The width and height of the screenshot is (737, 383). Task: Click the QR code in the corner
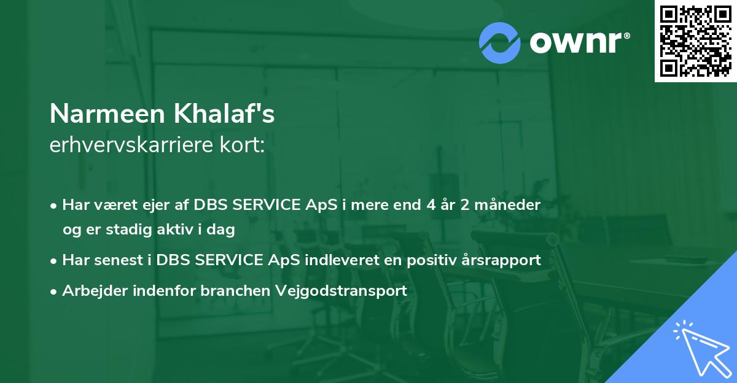(695, 41)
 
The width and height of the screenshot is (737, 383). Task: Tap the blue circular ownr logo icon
(499, 43)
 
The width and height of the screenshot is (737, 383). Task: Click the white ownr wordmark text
(575, 42)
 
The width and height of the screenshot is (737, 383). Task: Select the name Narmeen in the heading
(107, 114)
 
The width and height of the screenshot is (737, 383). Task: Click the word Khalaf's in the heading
(224, 113)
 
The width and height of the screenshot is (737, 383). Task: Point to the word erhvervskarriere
(131, 145)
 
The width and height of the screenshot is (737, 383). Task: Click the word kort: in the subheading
(242, 145)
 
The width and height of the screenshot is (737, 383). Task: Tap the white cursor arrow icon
(703, 349)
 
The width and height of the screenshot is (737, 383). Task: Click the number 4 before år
(431, 205)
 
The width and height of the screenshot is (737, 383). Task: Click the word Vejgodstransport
(341, 291)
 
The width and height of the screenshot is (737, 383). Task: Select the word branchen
(235, 290)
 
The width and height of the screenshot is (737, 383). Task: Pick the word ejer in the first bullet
(155, 206)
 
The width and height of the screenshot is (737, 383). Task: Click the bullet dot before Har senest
(53, 261)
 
